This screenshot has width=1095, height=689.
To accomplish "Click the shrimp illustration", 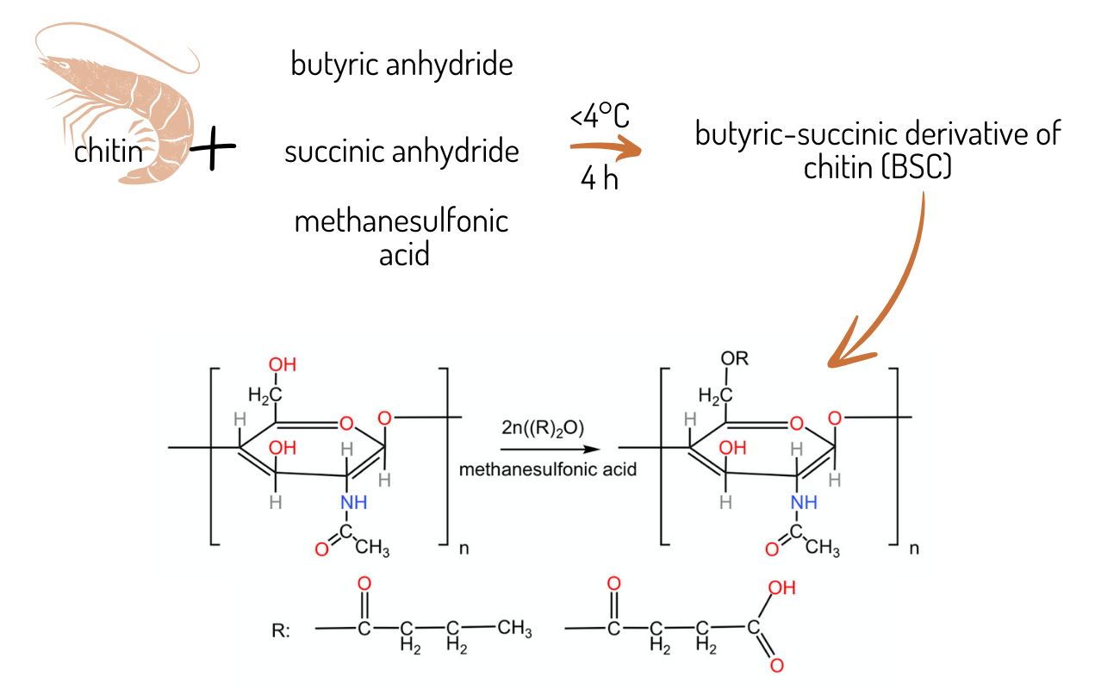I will coord(159,103).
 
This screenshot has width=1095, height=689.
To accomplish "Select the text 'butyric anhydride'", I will coord(401,65).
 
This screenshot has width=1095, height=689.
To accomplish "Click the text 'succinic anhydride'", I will coord(401,152).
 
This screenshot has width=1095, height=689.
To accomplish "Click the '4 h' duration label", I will coord(600,181).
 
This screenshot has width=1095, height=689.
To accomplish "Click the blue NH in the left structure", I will coord(353,502).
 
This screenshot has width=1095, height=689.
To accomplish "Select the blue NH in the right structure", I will coord(803,502).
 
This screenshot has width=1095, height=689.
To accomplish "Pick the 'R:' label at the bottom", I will coord(280,630).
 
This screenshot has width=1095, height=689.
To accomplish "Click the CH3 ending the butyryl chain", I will coord(514,628).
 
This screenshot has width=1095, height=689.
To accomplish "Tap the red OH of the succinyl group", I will coord(781,589).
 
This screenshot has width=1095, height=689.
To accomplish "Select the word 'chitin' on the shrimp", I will coord(105,153).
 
